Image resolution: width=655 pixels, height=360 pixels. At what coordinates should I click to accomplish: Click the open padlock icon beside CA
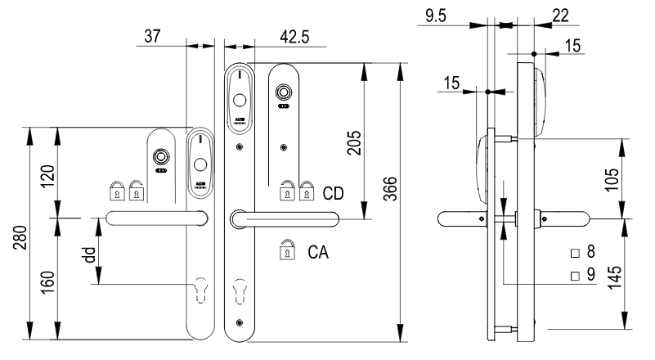click(286, 250)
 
